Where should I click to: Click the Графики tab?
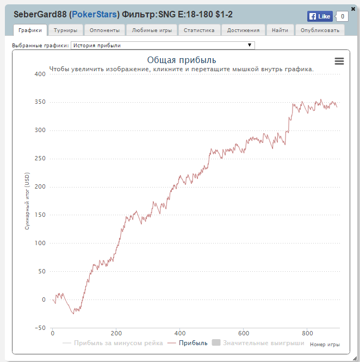pos(30,30)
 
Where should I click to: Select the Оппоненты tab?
pos(104,30)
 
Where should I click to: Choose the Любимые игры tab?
pos(152,30)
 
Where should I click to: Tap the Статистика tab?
pos(199,30)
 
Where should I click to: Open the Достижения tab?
pos(243,30)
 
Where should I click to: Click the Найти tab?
pos(280,30)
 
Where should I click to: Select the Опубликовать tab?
pos(320,30)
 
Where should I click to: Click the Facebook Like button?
pos(320,16)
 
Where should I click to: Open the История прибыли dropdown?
pos(163,46)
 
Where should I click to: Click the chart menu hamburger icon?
pos(339,61)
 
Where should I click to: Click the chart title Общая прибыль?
pos(182,60)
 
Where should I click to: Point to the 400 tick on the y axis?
pos(39,74)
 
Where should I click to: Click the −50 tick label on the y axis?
pos(39,328)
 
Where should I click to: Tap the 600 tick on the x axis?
pos(244,333)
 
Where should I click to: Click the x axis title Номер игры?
pos(325,344)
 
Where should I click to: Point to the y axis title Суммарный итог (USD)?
pos(26,201)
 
